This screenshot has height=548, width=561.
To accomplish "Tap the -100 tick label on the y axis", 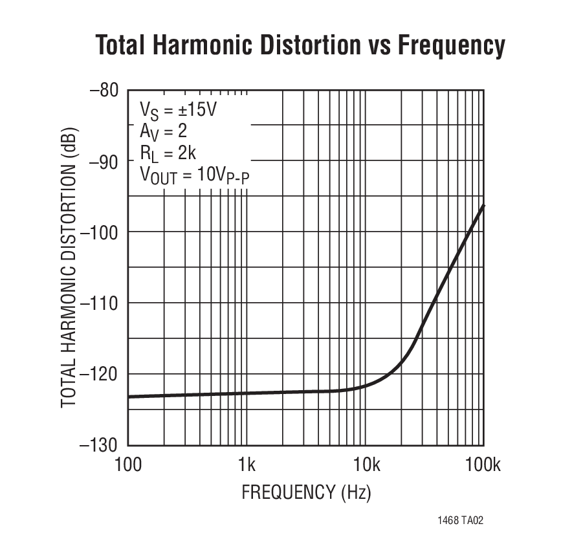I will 101,232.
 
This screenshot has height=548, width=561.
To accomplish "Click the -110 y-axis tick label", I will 101,303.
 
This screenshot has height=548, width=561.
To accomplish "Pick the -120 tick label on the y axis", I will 101,374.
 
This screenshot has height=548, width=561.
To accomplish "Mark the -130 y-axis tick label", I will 101,445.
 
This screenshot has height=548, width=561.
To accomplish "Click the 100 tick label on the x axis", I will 128,464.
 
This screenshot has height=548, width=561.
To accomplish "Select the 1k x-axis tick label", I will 247,464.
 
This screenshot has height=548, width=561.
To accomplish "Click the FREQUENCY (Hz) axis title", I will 306,492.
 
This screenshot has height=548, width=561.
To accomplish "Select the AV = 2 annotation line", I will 163,131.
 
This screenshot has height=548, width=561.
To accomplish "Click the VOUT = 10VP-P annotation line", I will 193,175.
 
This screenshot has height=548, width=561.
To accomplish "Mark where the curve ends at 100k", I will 483,205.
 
